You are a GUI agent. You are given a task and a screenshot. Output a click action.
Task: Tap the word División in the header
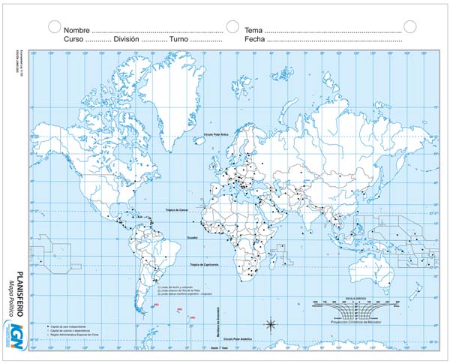click(x=127, y=38)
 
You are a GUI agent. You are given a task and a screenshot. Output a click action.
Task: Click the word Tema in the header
click(x=253, y=29)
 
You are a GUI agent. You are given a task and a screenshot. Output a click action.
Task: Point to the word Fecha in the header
click(x=255, y=38)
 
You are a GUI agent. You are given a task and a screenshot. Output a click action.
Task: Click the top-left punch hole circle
click(x=54, y=26)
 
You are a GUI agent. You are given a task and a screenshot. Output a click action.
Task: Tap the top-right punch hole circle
click(x=409, y=26)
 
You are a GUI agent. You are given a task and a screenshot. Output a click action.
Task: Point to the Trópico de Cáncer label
click(x=184, y=209)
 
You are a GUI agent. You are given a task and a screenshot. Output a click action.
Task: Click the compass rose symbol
click(x=271, y=325)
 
